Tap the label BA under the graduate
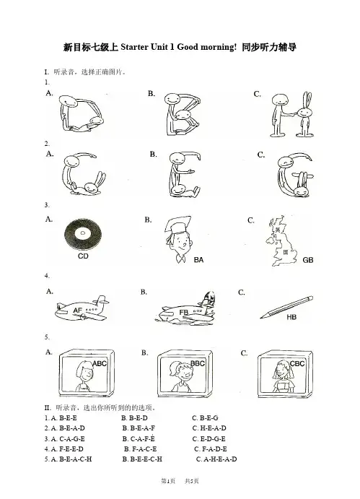(198, 260)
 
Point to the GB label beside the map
(308, 260)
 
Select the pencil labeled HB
(286, 307)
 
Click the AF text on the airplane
(78, 310)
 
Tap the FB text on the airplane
(184, 312)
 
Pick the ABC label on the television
(100, 363)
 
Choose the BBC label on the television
(198, 363)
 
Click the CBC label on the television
(297, 363)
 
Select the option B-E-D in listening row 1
(139, 418)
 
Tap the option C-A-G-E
(72, 439)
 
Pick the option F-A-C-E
(144, 449)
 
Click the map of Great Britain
(282, 241)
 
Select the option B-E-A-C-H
(75, 459)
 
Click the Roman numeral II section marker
(48, 408)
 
